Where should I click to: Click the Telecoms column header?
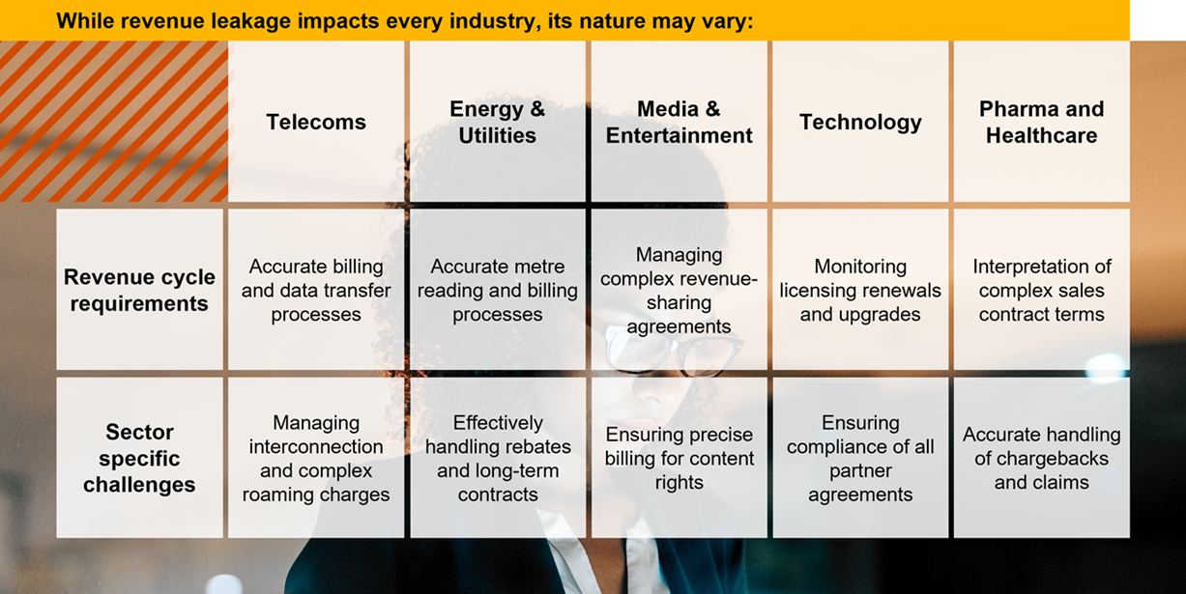tap(316, 122)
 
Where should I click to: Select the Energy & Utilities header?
tap(497, 122)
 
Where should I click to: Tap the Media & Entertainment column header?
tap(679, 122)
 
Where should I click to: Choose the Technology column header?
tap(860, 122)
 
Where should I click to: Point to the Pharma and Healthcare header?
tap(1041, 122)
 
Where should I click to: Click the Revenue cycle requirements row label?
tap(139, 290)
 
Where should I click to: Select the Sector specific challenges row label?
tap(139, 458)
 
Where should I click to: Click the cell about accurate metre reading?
tap(497, 290)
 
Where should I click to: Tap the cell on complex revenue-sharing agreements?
tap(679, 290)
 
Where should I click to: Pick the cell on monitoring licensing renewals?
tap(860, 290)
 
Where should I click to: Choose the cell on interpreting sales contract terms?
tap(1041, 290)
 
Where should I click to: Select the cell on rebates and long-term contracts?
tap(497, 458)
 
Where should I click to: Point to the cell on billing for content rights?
tap(679, 458)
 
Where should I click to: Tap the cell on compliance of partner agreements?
tap(860, 458)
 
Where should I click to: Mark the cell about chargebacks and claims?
tap(1041, 458)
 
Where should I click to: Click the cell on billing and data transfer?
tap(316, 290)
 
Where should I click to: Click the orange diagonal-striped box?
tap(114, 122)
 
